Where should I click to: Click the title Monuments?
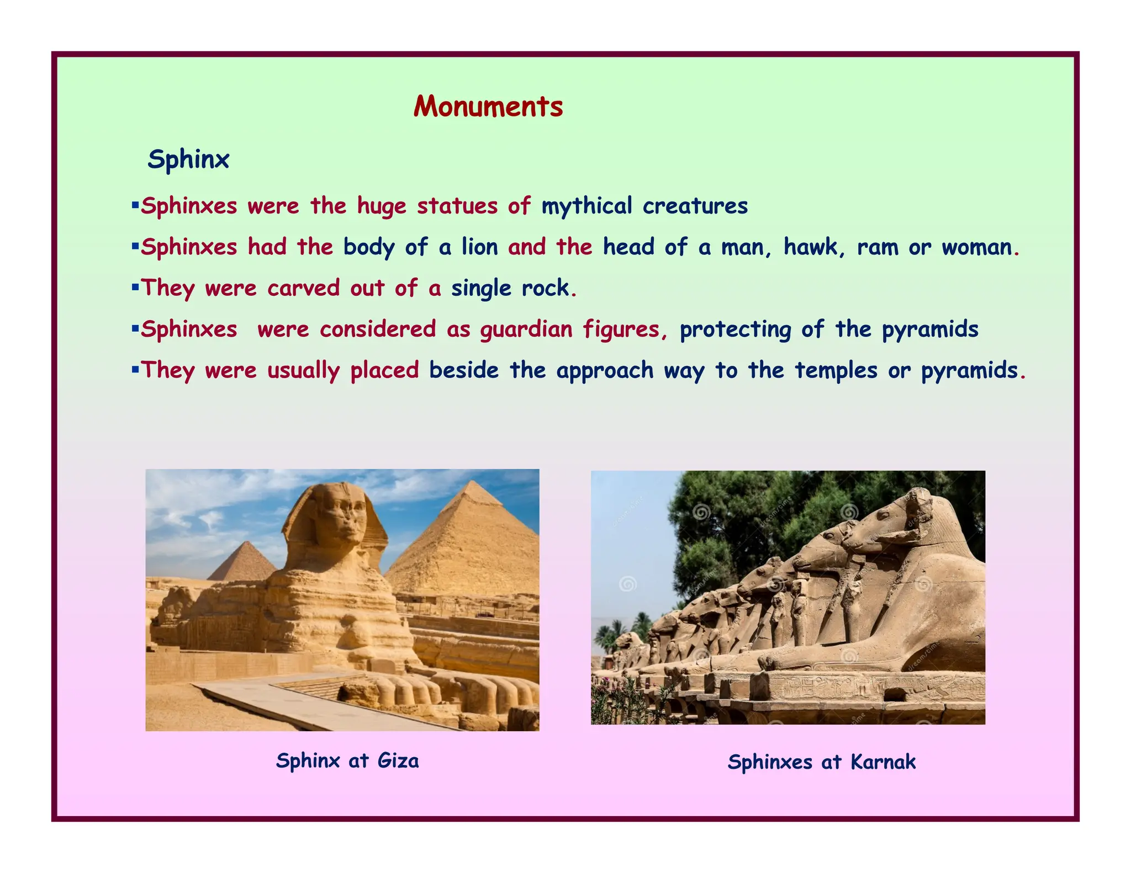(488, 107)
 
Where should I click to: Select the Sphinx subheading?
(188, 159)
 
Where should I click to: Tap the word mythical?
(586, 206)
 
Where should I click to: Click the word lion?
(479, 247)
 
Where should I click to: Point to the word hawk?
(813, 247)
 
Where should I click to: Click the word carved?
(303, 288)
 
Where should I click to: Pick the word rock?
(545, 288)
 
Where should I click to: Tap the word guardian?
(526, 329)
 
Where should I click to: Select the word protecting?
(736, 329)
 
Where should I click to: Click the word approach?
(605, 370)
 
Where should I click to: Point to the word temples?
(836, 370)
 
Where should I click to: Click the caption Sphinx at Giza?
(347, 760)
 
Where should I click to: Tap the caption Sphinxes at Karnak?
(821, 762)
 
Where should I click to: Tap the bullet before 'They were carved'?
(135, 287)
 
